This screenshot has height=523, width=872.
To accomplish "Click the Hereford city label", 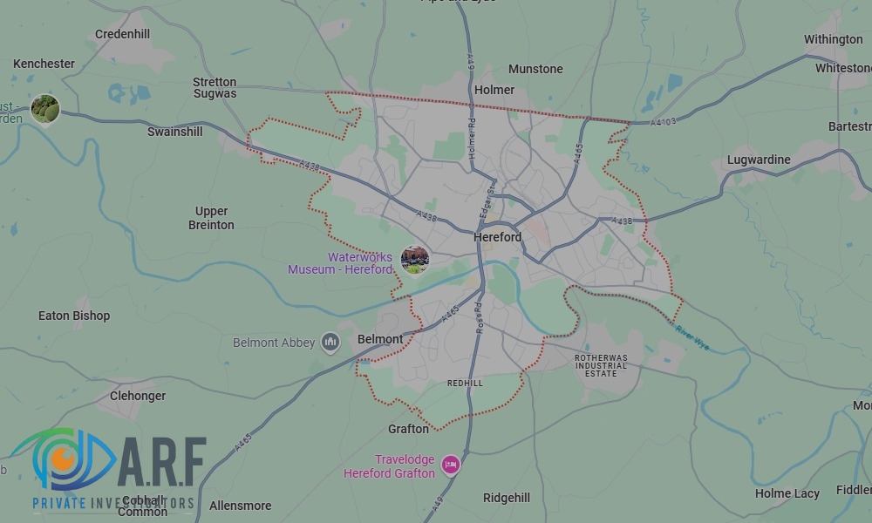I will [x=497, y=237].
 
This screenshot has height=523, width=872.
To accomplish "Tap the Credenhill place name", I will [x=123, y=34].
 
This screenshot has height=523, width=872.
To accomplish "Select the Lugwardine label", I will [x=759, y=160].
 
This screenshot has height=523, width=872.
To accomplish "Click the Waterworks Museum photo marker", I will [x=414, y=259].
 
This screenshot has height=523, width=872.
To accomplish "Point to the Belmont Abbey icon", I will [x=330, y=342].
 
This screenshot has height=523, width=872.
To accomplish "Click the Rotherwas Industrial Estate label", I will [x=601, y=365].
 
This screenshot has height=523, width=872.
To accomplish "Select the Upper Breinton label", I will [x=211, y=218].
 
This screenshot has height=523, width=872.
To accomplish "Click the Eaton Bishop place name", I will [x=74, y=316].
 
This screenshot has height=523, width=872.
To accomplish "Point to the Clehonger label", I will [x=138, y=396].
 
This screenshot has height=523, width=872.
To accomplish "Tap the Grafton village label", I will [x=408, y=429].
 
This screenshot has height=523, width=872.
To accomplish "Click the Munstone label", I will [x=535, y=69].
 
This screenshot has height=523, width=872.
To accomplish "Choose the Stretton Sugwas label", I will [x=215, y=88].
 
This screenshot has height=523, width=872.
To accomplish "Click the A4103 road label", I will [x=663, y=123].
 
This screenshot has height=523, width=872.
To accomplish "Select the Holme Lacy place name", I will [x=787, y=493].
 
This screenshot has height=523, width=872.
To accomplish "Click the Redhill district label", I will [x=464, y=384].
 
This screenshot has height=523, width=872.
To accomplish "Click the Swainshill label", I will [x=174, y=132].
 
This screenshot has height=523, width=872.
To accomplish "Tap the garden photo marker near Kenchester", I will [x=45, y=109].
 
